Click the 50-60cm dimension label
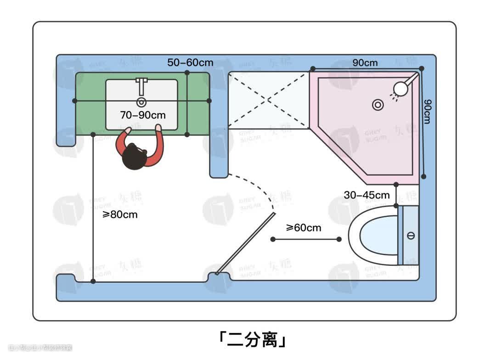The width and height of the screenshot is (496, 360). point(190,62)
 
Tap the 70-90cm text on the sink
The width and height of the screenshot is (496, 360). point(143,115)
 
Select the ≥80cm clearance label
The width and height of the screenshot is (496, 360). point(120,214)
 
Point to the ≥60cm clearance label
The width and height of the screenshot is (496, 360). point(304,227)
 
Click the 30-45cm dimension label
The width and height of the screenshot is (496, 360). point(366,195)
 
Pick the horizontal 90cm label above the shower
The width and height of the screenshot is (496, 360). point(365,62)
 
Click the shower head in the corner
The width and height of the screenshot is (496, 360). point(403,88)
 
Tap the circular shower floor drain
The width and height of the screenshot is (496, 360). point(378,105)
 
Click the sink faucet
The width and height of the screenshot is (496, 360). point(141,85)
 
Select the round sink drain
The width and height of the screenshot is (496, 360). point(141,101)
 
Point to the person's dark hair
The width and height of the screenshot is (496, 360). point(134,157)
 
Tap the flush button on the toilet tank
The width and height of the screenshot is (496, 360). point(411,236)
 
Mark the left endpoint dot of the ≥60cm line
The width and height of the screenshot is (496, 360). point(273,239)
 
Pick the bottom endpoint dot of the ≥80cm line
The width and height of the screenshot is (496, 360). point(93,281)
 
